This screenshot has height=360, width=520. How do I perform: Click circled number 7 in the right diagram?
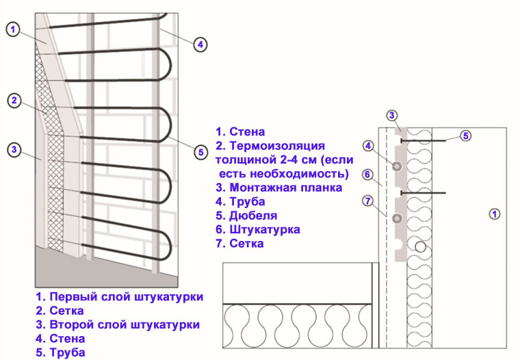(x=367, y=201)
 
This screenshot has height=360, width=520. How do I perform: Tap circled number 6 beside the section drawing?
(x=367, y=175)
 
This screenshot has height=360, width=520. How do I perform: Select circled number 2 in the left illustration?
(x=14, y=101)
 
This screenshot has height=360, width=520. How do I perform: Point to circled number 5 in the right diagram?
(x=465, y=136)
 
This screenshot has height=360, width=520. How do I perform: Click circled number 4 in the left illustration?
(x=199, y=44)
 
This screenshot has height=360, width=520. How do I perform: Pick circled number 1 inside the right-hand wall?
(x=495, y=214)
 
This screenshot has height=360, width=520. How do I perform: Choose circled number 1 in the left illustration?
(x=14, y=29)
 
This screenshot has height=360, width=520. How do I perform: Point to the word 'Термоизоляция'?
(x=276, y=146)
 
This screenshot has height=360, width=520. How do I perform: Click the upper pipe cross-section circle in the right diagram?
(x=397, y=166)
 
